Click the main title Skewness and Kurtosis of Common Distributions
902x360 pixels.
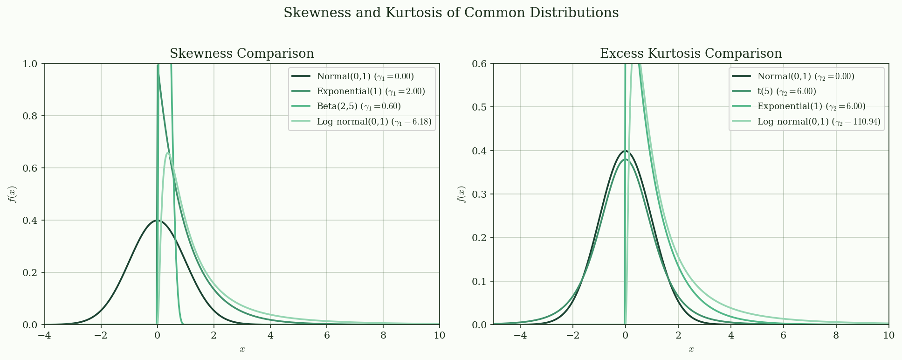(x=451, y=13)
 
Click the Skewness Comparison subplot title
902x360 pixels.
(x=241, y=54)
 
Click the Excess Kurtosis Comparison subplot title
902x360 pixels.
(x=690, y=54)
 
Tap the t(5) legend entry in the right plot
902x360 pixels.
(x=786, y=91)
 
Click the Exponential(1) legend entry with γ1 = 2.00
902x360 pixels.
(x=371, y=91)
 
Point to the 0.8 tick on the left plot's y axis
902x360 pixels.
(x=31, y=116)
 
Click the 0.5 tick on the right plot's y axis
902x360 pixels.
(x=480, y=107)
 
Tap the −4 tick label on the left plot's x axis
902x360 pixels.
(x=45, y=335)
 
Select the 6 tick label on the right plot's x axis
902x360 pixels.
(x=784, y=335)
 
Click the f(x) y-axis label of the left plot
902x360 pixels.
(x=12, y=194)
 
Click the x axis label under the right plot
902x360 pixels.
(x=691, y=349)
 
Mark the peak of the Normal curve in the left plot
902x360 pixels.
(x=158, y=220)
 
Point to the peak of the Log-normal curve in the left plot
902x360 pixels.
(x=168, y=152)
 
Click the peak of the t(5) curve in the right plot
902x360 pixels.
(x=625, y=159)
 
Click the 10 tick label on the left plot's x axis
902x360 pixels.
(x=439, y=335)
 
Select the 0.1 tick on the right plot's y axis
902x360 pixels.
(x=480, y=281)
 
